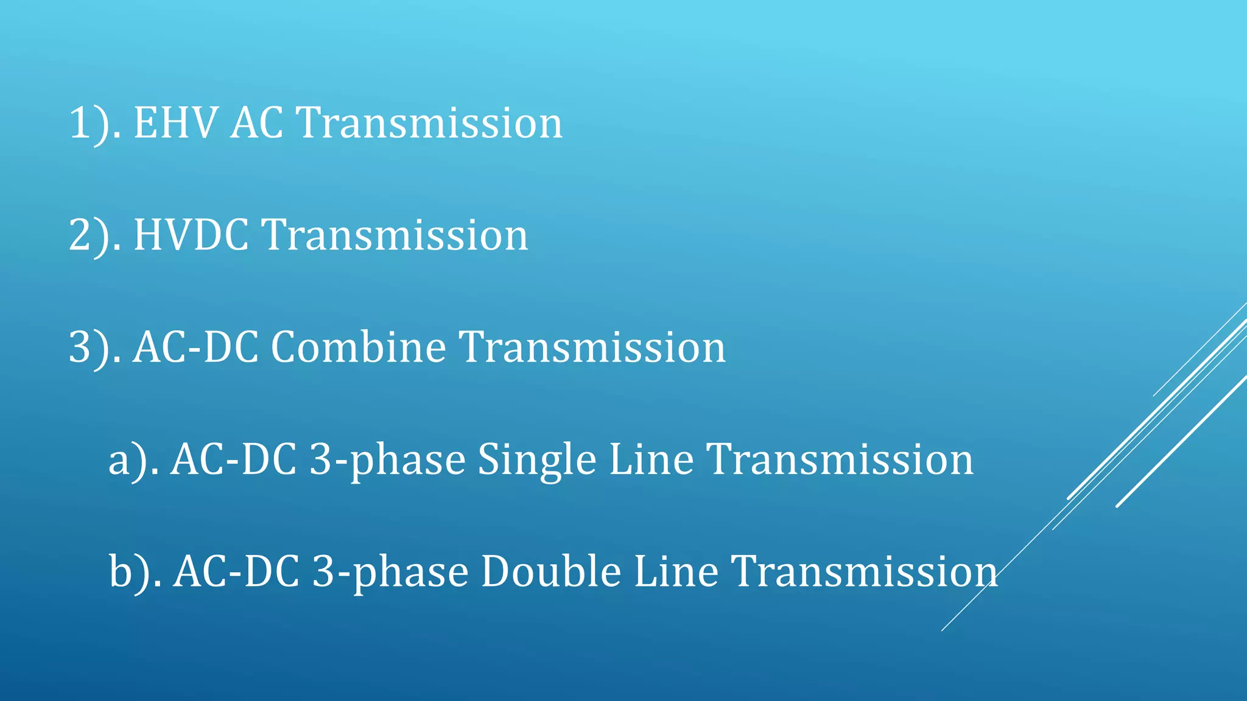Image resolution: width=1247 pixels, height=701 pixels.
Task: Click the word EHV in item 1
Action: point(175,124)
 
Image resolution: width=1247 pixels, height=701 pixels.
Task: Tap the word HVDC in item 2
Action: point(191,235)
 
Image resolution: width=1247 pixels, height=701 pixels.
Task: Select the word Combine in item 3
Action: point(359,347)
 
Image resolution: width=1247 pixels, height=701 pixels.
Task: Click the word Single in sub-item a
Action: point(536,459)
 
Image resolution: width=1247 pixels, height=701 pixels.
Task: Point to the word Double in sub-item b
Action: point(550,571)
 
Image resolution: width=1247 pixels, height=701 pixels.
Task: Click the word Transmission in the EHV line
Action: point(429,124)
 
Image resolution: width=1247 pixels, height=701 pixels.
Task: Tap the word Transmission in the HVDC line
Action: point(395,235)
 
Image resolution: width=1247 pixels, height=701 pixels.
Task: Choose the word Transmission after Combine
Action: point(592,347)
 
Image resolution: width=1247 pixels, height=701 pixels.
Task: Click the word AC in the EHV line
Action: point(257,124)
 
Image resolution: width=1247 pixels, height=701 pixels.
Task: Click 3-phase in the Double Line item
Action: point(390,573)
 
